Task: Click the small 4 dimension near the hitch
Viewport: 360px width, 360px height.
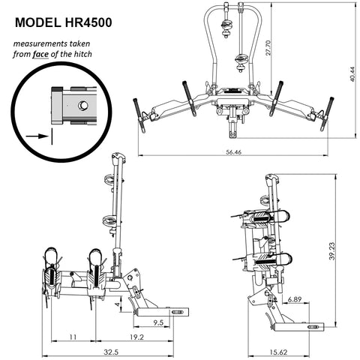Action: (116, 305)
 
